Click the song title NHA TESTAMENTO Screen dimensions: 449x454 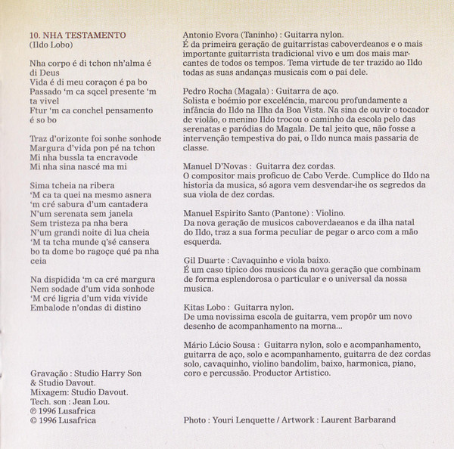(x=87, y=36)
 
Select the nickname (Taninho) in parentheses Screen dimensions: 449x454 (x=258, y=36)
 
